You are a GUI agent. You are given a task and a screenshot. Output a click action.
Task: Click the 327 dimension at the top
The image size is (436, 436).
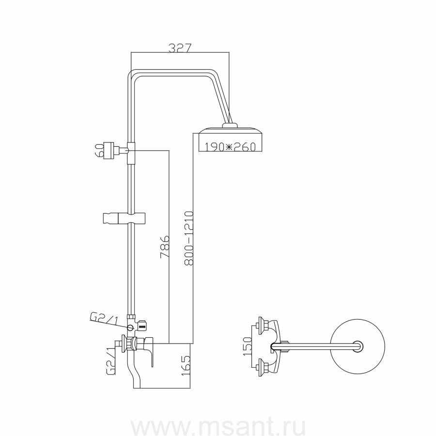click(181, 48)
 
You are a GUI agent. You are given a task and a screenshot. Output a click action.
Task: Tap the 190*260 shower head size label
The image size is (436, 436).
click(230, 146)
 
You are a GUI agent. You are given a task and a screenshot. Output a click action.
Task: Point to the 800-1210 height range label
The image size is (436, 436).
click(189, 238)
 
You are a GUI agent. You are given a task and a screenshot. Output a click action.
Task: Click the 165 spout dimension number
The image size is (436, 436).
click(186, 366)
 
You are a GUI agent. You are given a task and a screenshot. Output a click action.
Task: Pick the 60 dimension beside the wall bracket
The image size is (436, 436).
click(100, 150)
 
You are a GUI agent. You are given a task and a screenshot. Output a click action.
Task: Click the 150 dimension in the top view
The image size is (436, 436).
click(247, 346)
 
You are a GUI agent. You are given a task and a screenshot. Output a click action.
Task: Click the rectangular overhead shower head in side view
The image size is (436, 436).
click(230, 140)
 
